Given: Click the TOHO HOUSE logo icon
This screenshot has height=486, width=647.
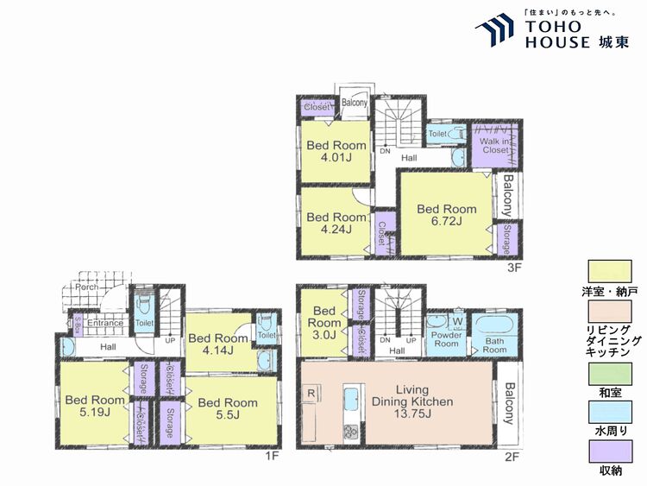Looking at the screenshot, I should (x=497, y=31).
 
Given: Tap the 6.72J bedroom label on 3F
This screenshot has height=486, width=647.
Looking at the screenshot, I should (x=447, y=215).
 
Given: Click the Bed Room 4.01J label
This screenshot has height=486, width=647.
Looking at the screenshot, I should (x=336, y=151).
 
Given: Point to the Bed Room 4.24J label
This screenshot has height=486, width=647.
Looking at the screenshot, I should (x=336, y=223).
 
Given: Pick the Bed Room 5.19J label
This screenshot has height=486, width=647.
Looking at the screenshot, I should (x=95, y=407).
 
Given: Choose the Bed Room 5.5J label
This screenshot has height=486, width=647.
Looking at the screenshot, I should (x=227, y=408).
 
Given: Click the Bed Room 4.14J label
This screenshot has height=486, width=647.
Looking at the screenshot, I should (x=217, y=344).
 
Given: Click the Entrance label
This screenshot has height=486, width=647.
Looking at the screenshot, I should (x=104, y=324).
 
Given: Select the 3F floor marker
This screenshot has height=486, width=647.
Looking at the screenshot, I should (x=515, y=267).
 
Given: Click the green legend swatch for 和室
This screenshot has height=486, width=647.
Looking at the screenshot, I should (x=610, y=374).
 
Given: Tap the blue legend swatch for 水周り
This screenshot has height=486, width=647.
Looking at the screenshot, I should (x=610, y=413).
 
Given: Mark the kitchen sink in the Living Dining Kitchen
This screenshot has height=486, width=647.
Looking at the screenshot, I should (x=352, y=401).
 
